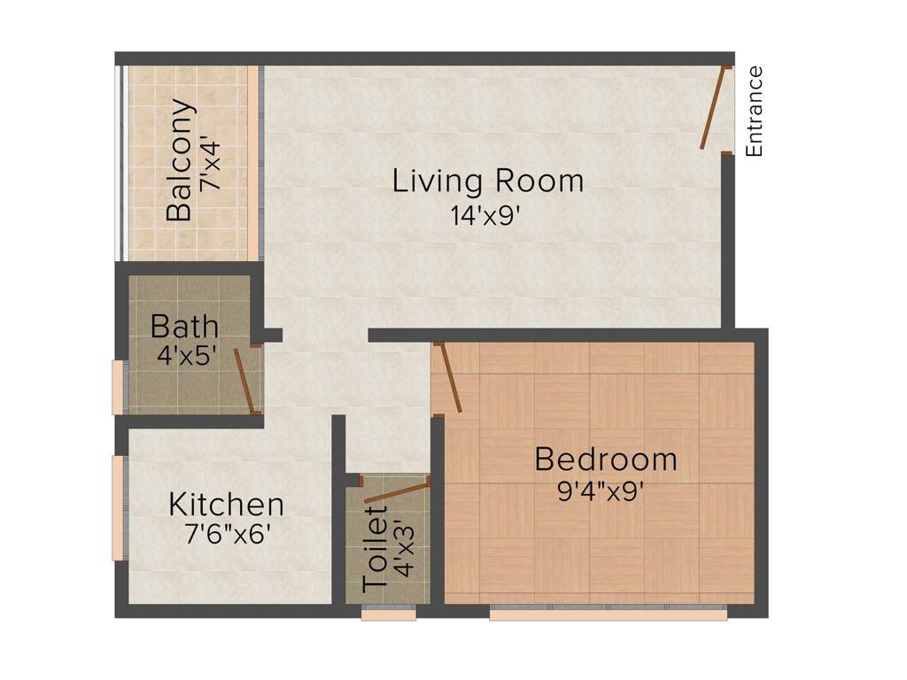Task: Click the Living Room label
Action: [x=488, y=182]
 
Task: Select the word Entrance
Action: [x=755, y=112]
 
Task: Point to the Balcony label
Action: [x=181, y=160]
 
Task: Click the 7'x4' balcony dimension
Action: [x=208, y=164]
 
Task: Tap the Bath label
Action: [x=184, y=326]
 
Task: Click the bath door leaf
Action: [x=244, y=382]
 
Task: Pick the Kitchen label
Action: [x=227, y=506]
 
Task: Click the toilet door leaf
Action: [x=396, y=490]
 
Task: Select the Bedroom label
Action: [x=607, y=460]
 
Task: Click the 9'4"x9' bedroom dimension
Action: [x=600, y=491]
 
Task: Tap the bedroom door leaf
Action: [x=448, y=378]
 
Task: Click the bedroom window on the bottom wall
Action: [x=608, y=613]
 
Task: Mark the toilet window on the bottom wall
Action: [x=388, y=613]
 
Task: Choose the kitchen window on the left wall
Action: [x=117, y=508]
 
